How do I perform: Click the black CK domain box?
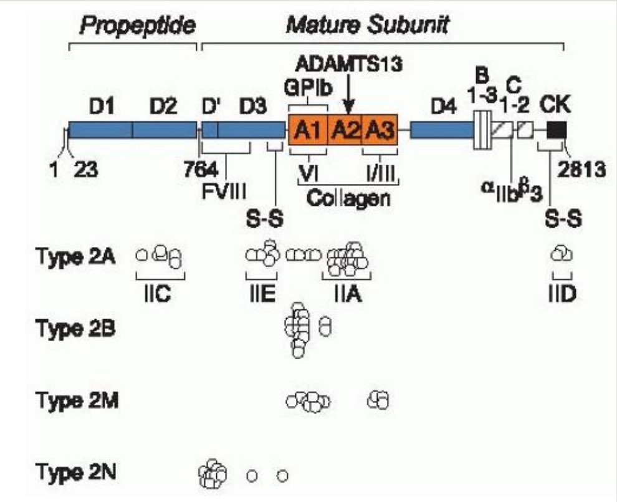tap(556, 130)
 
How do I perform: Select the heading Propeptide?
tap(137, 26)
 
